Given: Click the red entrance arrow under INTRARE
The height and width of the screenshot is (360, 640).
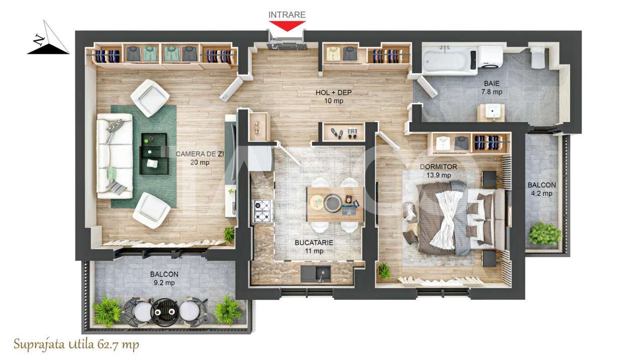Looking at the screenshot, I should click(287, 25).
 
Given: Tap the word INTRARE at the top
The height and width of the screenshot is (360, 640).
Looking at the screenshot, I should click(287, 15).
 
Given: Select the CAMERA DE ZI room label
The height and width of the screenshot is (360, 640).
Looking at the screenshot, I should click(193, 158).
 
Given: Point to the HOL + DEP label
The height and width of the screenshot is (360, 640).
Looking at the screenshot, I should click(333, 96).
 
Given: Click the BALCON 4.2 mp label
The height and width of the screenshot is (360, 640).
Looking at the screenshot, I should click(542, 189).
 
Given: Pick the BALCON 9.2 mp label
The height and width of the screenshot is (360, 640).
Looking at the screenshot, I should click(164, 278).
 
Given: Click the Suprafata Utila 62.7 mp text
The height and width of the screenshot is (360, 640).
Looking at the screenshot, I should click(76, 345).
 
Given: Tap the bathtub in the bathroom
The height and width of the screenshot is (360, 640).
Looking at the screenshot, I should click(449, 60).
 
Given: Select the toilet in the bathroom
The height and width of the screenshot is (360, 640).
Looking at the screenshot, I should click(538, 57).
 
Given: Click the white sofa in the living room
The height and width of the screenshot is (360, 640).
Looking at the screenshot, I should click(114, 156).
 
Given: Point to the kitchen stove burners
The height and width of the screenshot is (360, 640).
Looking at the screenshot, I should click(263, 211).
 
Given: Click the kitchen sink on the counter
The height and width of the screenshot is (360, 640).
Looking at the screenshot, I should click(316, 273).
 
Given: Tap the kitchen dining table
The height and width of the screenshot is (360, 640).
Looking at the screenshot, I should click(335, 204).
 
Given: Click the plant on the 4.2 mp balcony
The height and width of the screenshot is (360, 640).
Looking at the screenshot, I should click(544, 233).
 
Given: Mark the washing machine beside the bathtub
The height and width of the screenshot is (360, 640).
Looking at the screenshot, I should click(489, 56).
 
